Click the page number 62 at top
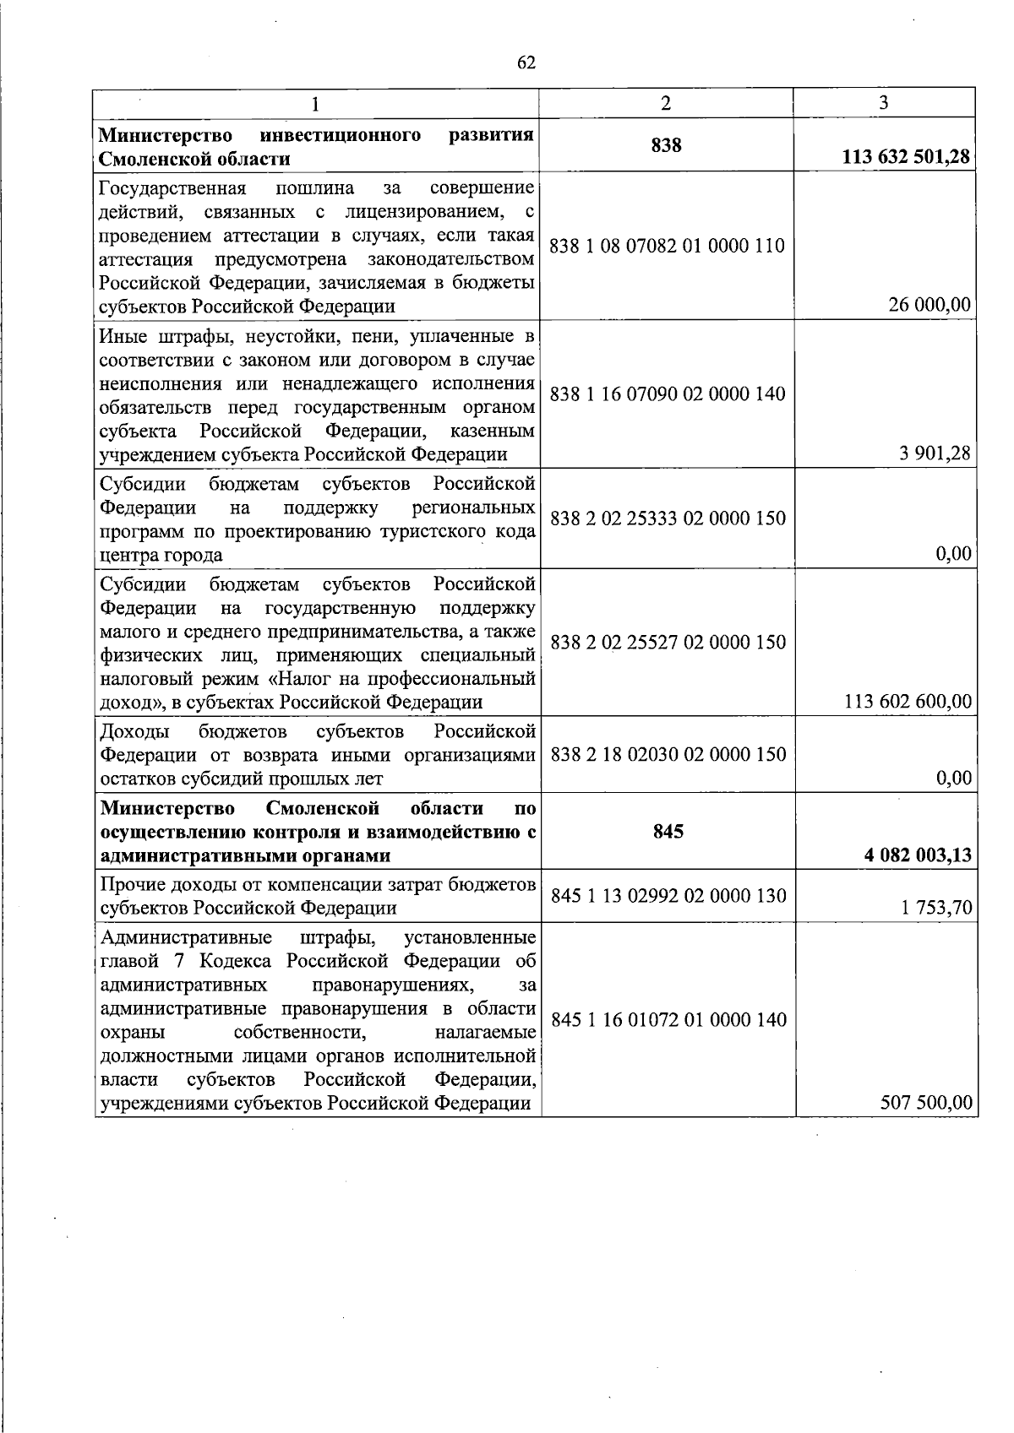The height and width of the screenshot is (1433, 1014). click(x=526, y=63)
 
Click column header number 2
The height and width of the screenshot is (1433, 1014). click(x=666, y=103)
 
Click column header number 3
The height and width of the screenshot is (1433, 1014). click(x=883, y=103)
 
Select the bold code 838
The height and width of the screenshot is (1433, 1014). click(x=666, y=145)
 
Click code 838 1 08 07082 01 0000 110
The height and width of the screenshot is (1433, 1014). click(x=667, y=246)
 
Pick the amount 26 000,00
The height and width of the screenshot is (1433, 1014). click(x=929, y=305)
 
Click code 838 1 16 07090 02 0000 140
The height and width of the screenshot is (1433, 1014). click(x=668, y=394)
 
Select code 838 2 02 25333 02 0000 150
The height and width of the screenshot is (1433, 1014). click(x=668, y=518)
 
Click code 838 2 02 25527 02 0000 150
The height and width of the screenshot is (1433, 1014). click(x=668, y=643)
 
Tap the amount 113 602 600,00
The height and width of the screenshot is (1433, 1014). click(x=908, y=701)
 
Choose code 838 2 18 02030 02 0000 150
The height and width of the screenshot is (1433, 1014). click(x=668, y=755)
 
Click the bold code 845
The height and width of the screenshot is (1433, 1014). click(x=668, y=832)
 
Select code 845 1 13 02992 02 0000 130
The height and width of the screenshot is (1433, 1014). click(x=668, y=896)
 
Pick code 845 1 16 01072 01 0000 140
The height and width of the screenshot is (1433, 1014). click(x=668, y=1019)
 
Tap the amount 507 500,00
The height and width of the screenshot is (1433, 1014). click(x=925, y=1102)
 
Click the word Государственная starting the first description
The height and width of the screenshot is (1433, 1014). click(x=172, y=187)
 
